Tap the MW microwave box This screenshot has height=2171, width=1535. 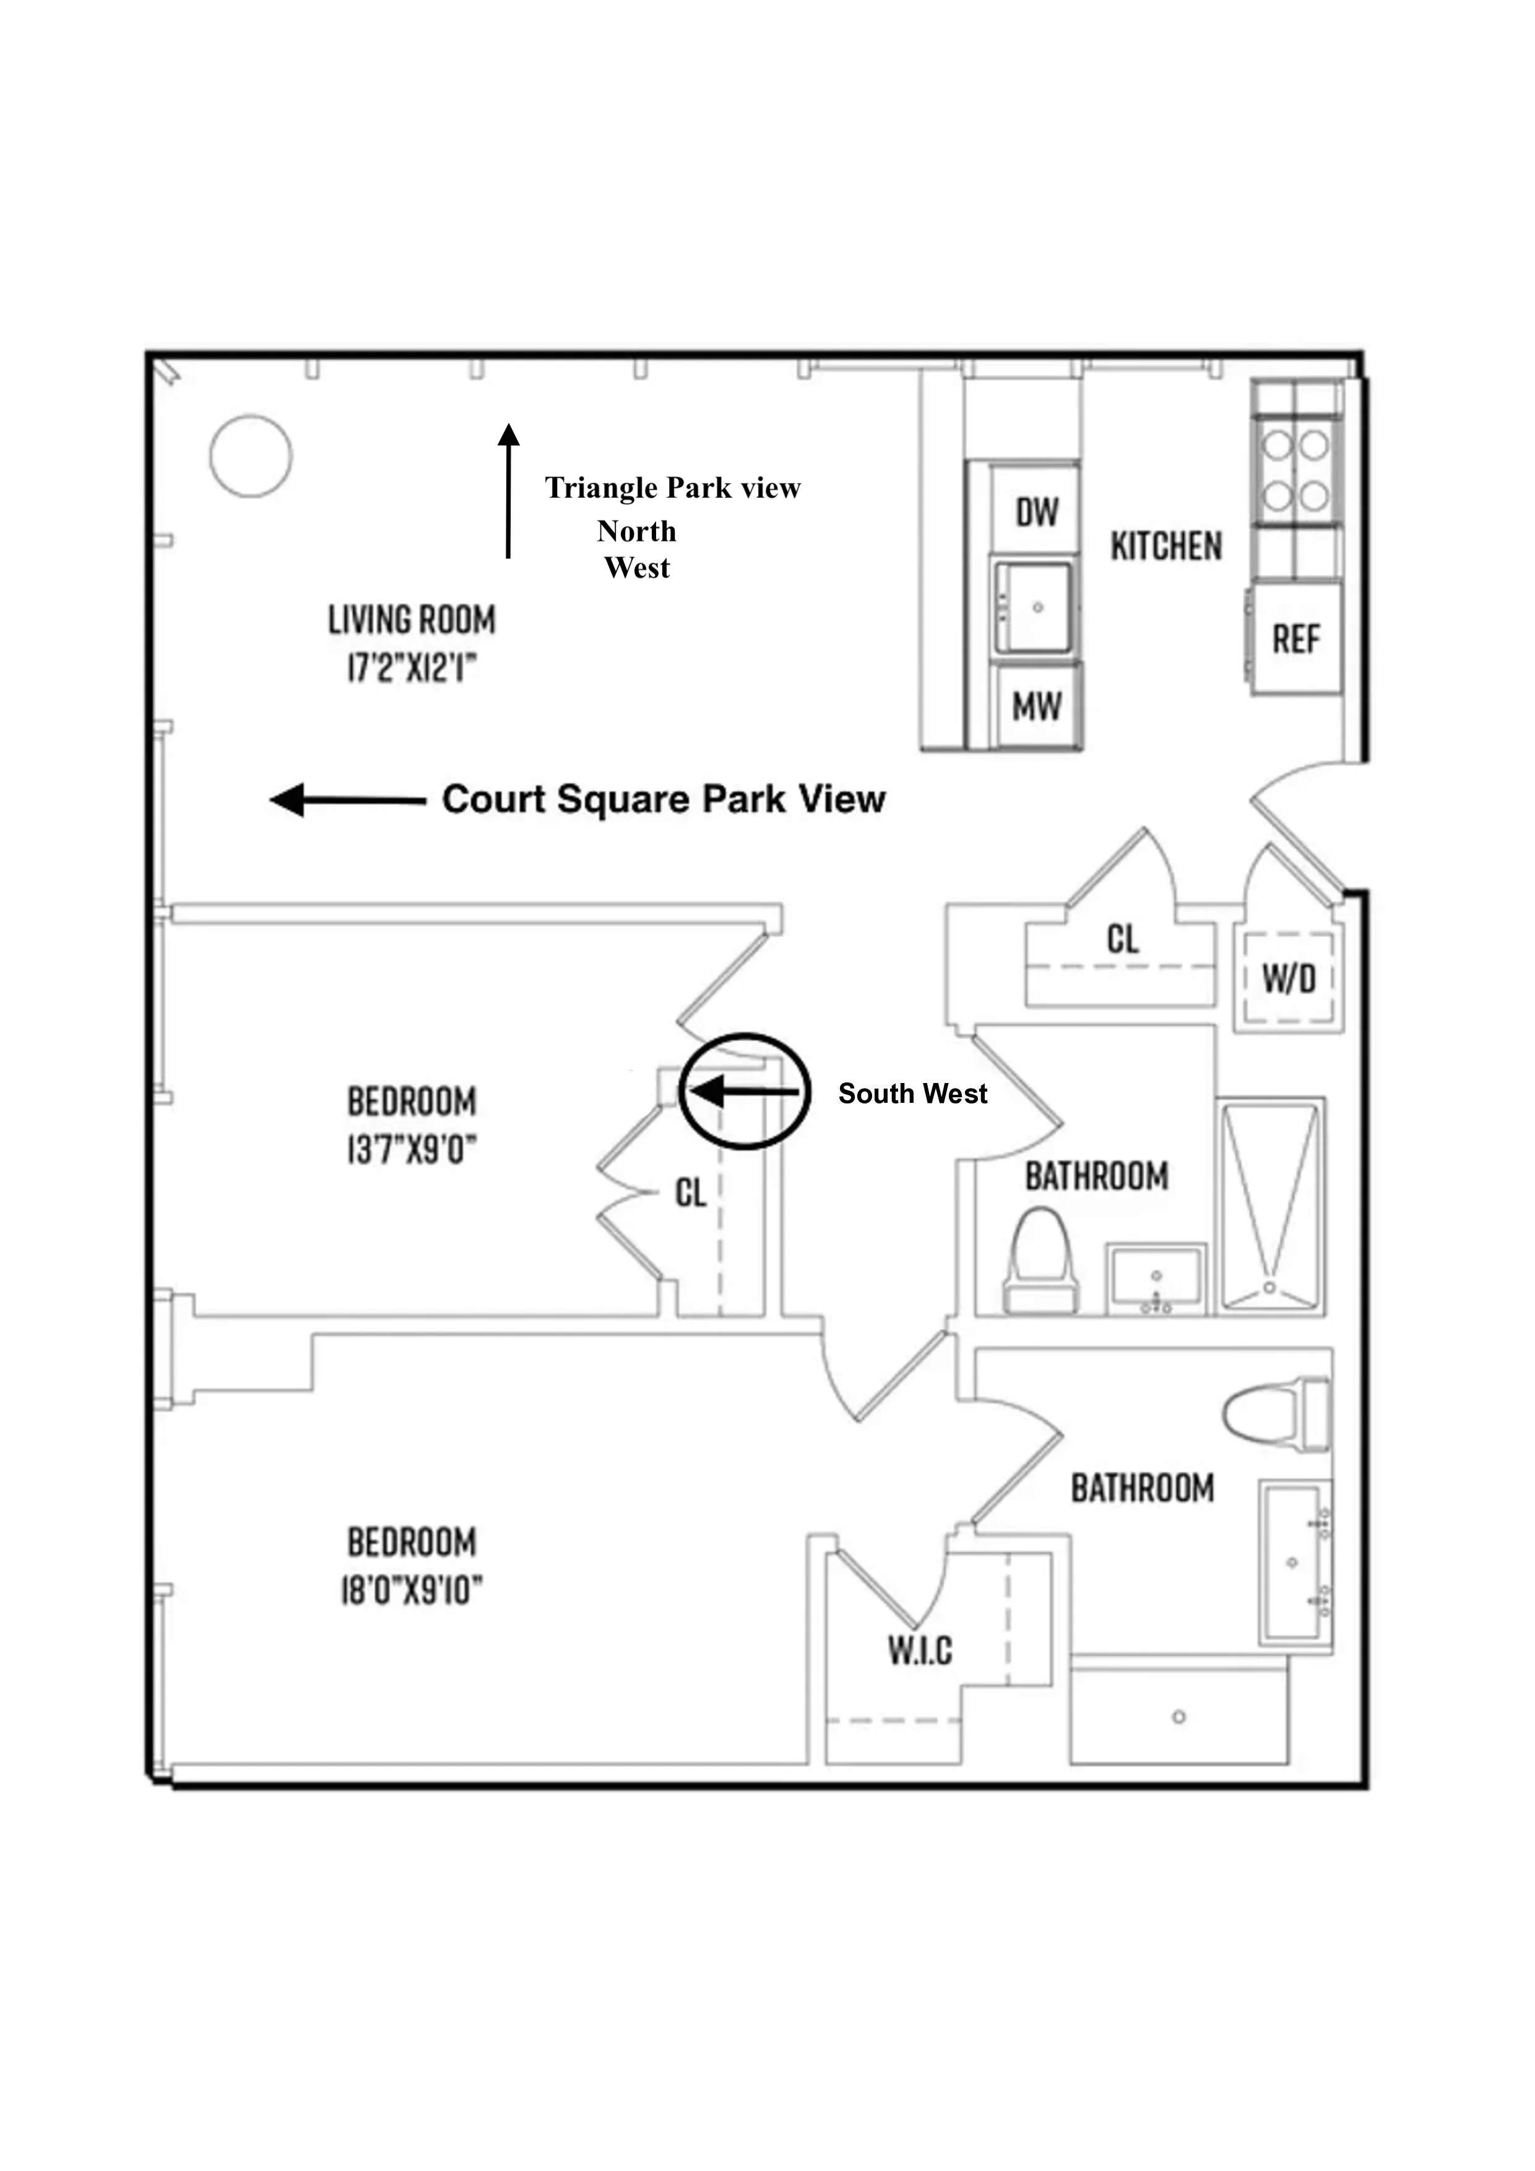click(1037, 706)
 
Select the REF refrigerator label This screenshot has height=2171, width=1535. click(1295, 640)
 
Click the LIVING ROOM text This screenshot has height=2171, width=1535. click(412, 620)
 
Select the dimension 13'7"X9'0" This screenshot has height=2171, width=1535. click(412, 1150)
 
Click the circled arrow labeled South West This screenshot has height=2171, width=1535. click(745, 1091)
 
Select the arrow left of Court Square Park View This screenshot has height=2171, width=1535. click(347, 800)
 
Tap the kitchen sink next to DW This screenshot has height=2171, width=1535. click(1036, 608)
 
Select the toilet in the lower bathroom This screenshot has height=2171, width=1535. click(1276, 1415)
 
